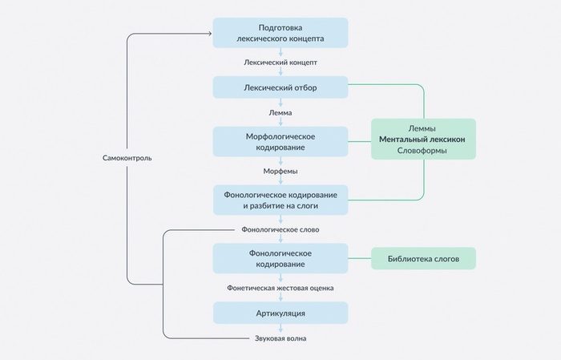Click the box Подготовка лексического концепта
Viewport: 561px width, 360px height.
(280, 33)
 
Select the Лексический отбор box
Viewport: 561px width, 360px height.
(280, 87)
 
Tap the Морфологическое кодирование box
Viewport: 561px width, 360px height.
(280, 141)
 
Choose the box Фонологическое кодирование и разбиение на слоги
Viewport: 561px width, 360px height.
(280, 200)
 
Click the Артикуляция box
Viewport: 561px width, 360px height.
(280, 312)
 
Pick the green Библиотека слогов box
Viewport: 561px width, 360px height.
(423, 258)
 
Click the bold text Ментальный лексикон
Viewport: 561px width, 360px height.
(423, 140)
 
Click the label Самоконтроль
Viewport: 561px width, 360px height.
(127, 158)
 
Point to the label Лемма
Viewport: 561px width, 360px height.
(280, 113)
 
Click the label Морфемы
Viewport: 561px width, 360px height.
(280, 171)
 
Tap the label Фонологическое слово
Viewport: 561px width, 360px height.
(280, 229)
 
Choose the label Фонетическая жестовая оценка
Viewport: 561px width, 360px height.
(280, 286)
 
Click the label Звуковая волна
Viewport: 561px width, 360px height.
(280, 338)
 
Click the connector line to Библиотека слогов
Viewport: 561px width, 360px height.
(359, 258)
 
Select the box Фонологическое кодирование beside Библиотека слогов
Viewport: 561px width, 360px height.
(280, 258)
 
